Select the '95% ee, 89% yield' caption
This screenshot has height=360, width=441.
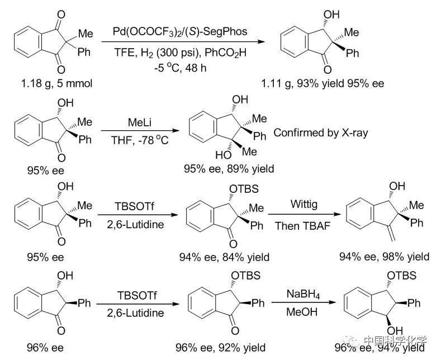click(x=230, y=168)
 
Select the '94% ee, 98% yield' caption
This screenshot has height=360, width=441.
click(x=385, y=257)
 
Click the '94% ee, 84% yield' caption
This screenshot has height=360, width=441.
click(x=225, y=257)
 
